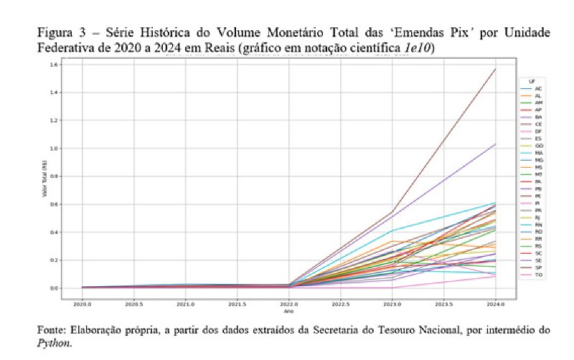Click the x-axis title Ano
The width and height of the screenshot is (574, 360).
pos(291,311)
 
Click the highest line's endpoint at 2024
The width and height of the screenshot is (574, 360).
pos(496,69)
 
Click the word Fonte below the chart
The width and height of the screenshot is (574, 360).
pos(54,331)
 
